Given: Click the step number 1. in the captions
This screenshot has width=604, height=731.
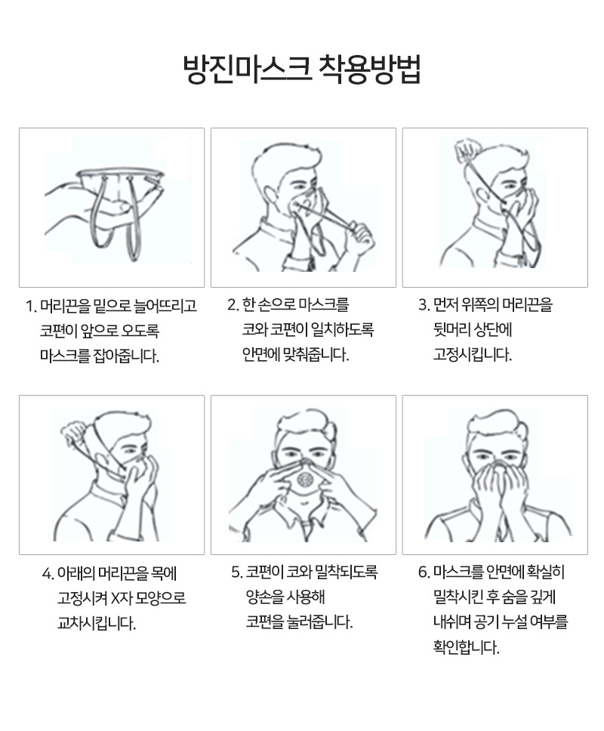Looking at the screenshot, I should coord(31,307).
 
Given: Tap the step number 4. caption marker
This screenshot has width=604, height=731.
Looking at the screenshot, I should coord(48,573).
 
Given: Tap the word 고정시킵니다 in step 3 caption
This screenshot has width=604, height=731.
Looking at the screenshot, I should coord(472,354).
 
